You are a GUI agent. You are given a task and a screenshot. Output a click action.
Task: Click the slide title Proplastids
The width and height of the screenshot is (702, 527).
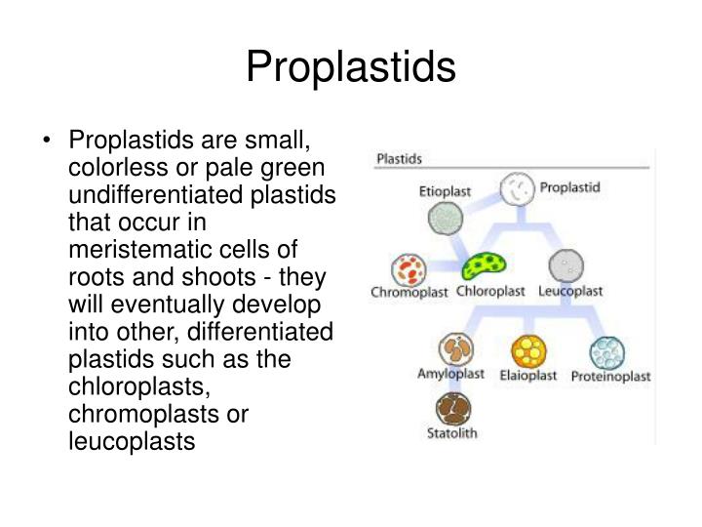[x=350, y=66]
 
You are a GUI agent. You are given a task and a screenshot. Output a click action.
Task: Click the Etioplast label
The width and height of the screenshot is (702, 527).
[x=445, y=193]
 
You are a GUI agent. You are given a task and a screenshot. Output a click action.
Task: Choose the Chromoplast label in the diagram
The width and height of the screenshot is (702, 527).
[x=408, y=291]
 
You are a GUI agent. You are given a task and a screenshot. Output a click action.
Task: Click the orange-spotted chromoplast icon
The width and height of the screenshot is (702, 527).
[x=408, y=268]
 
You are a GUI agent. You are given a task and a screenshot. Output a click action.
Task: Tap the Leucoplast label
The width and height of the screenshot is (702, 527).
[x=570, y=291]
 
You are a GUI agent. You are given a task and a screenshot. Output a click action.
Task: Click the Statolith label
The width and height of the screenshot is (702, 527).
[x=452, y=432]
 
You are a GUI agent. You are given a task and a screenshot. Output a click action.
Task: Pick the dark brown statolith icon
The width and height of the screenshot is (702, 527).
[x=452, y=408]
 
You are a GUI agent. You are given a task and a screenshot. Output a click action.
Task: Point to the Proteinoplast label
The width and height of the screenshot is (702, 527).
[x=611, y=376]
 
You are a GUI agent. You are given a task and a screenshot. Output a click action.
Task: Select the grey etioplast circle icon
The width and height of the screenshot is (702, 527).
[x=444, y=219]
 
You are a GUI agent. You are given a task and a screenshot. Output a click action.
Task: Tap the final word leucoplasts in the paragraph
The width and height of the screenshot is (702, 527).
[x=131, y=441]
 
